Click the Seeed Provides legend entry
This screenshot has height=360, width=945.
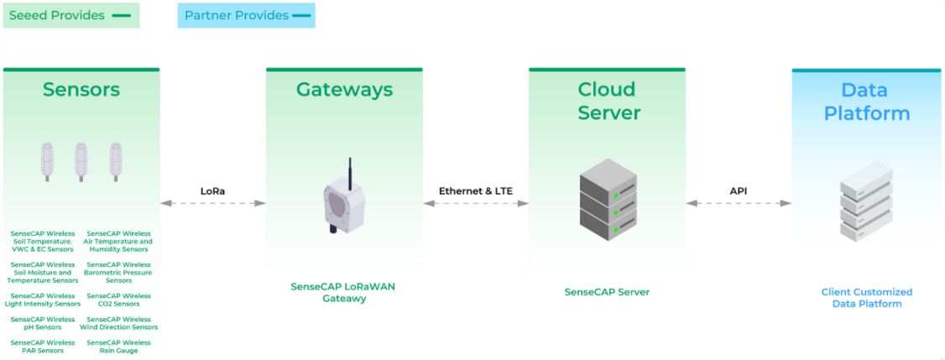coord(70,15)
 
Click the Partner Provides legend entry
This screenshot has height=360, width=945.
coord(246,15)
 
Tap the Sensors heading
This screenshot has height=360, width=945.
coord(81,90)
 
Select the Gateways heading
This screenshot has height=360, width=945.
coord(344,90)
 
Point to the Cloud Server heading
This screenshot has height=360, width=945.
coord(607,101)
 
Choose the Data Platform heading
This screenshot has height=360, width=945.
coord(866,102)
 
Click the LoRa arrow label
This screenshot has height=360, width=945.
coord(212,191)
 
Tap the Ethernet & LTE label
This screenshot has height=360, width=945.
coord(475,191)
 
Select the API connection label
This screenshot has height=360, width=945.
coord(738,191)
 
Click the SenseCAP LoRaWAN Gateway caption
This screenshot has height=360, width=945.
coord(343,292)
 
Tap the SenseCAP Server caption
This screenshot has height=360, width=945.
coord(607,292)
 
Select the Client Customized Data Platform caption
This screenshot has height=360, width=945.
coord(866,298)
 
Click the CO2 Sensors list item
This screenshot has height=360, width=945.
coord(119,300)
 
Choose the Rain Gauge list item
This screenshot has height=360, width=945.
coord(119,347)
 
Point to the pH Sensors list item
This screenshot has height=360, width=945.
coord(43,323)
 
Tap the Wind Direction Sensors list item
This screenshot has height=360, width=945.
coord(119,323)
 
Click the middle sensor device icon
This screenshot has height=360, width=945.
coord(81,162)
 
